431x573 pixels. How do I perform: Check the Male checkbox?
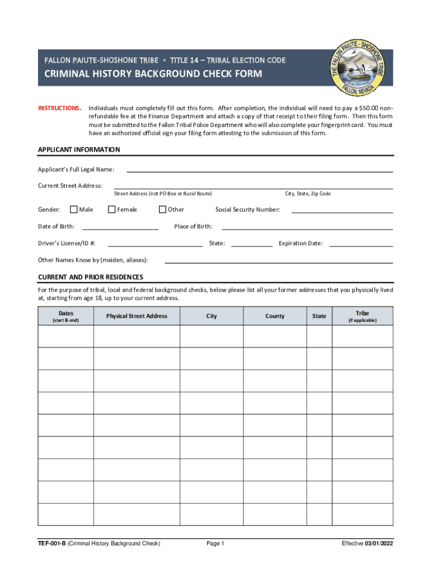coord(73,210)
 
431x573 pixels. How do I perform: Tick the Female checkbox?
coord(111,210)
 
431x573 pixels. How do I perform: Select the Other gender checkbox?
coord(162,210)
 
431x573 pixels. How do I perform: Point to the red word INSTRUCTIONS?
coord(60,107)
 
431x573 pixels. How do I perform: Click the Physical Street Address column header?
coord(137,316)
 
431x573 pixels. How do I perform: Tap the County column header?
coord(275,316)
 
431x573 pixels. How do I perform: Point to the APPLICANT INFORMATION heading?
coord(79,150)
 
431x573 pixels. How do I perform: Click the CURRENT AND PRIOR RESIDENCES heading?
coord(90,277)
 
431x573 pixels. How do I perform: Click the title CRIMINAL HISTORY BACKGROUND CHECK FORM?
coord(153,74)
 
